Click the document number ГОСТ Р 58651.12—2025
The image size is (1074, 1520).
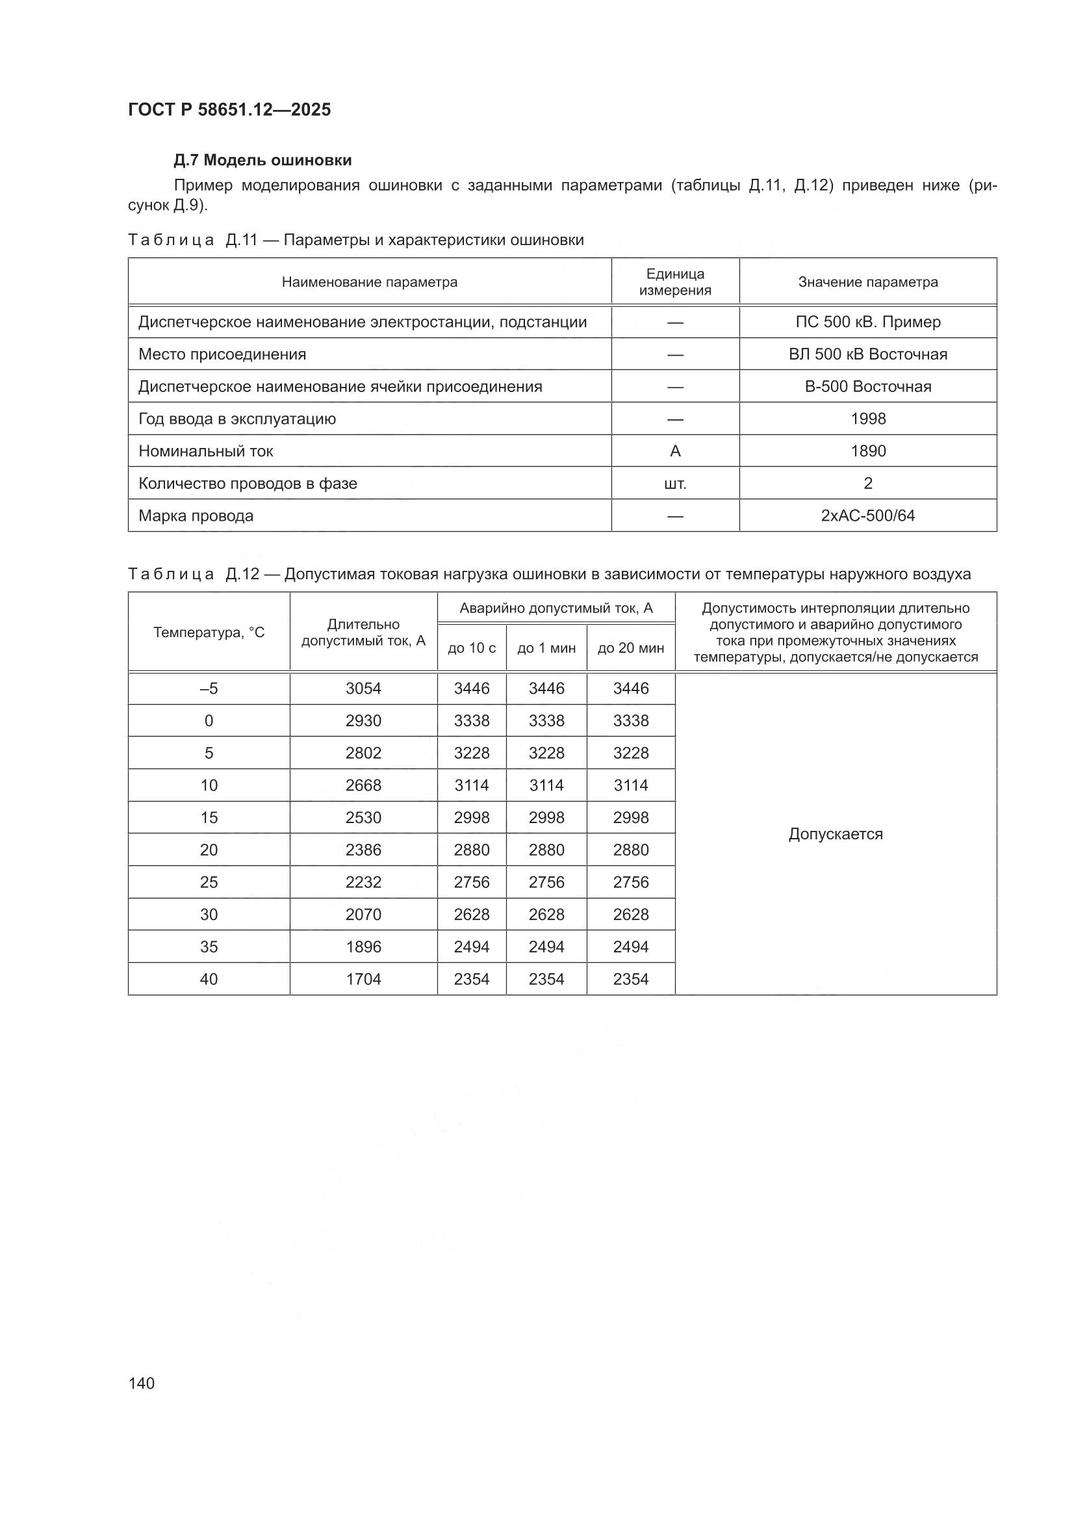[229, 110]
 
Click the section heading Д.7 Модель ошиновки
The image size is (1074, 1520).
[262, 160]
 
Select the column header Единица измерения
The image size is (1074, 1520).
[674, 282]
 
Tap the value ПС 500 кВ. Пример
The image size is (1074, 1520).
[867, 322]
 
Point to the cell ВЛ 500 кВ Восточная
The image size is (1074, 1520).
[867, 354]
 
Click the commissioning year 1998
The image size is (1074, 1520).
[867, 419]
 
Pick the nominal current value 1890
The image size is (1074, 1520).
[867, 451]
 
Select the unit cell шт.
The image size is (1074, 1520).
[674, 483]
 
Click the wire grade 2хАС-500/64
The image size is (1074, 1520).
[867, 516]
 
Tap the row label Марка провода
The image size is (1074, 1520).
[196, 516]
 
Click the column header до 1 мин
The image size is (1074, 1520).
[546, 648]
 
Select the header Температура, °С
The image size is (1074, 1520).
[209, 632]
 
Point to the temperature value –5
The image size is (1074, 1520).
[209, 688]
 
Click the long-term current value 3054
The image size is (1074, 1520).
[363, 688]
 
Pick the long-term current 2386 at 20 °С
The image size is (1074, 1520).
[363, 849]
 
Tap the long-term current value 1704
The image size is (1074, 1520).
[363, 978]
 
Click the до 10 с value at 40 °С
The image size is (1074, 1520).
[471, 978]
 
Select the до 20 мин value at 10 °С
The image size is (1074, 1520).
[631, 785]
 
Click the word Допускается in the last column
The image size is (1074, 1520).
[835, 834]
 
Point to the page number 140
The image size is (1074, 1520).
[142, 1383]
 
